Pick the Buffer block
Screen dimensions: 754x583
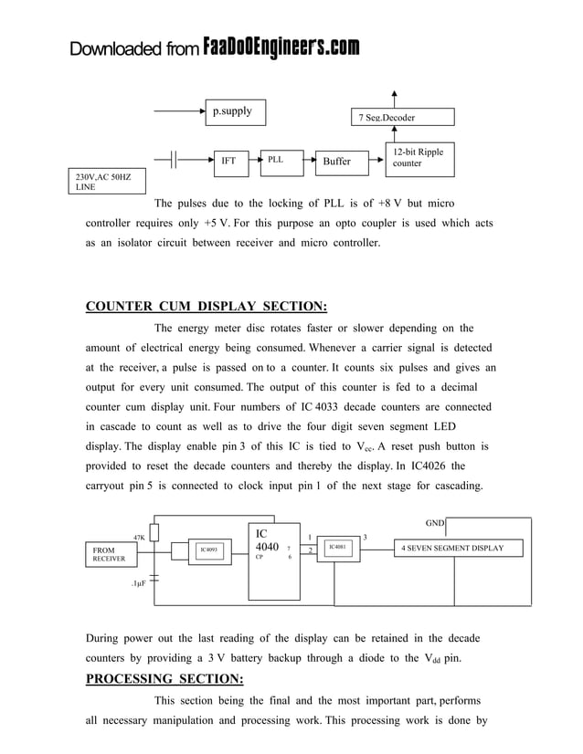pos(336,162)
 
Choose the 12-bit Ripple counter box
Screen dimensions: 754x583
pos(419,157)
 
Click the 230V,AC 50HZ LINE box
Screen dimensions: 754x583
pos(107,182)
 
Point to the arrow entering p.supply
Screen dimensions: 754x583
pos(179,111)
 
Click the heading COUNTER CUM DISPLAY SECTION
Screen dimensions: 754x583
pos(206,306)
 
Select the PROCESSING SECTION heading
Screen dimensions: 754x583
pos(164,678)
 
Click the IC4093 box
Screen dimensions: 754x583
pos(210,550)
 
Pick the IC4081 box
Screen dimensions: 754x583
pos(338,548)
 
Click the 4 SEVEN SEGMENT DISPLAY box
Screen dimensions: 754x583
pos(461,548)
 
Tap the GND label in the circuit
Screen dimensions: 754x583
pos(435,523)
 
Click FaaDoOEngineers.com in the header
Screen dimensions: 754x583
pos(281,47)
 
